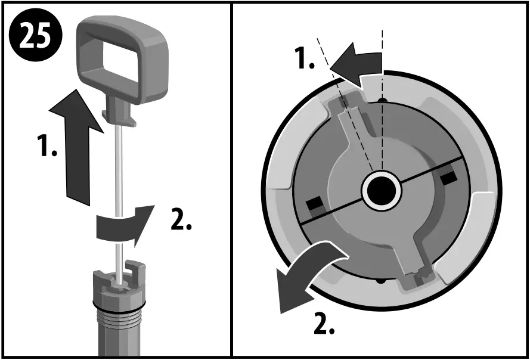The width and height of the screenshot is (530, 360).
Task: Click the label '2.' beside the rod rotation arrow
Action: click(181, 221)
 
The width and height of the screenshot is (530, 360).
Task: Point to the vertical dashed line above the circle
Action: click(382, 48)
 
